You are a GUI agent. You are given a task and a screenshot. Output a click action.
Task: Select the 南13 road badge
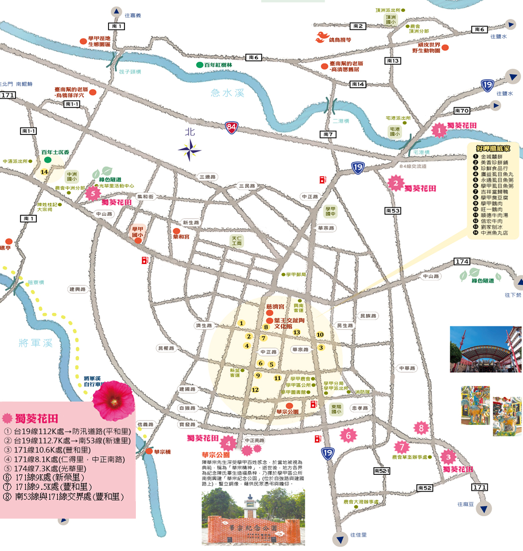pyautogui.click(x=393, y=61)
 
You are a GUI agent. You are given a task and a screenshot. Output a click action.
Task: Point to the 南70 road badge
pyautogui.click(x=462, y=111)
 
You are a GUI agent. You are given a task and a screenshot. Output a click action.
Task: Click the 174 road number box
pyautogui.click(x=462, y=262)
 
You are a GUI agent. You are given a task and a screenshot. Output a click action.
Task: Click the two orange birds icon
pyautogui.click(x=322, y=36)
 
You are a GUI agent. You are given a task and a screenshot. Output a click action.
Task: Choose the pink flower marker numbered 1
pyautogui.click(x=439, y=131)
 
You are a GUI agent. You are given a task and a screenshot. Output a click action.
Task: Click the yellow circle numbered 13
pyautogui.click(x=297, y=332)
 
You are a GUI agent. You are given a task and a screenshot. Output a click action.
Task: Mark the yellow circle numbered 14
pyautogui.click(x=44, y=172)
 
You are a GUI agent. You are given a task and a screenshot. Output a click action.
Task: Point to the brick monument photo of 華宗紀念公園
pyautogui.click(x=253, y=518)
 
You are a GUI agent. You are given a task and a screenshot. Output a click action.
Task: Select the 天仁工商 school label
pyautogui.click(x=237, y=241)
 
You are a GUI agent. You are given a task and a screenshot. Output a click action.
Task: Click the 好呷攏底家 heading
pyautogui.click(x=493, y=148)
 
